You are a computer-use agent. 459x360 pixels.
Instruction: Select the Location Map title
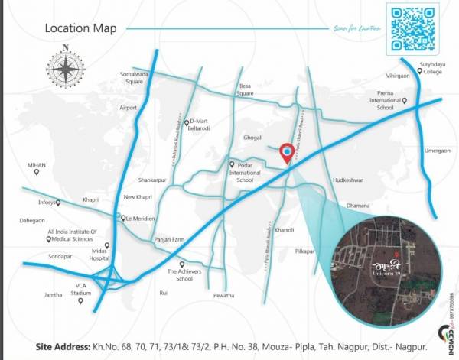[x=80, y=28]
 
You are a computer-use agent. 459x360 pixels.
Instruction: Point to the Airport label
[x=128, y=108]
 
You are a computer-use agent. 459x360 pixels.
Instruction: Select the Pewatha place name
[x=223, y=295]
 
